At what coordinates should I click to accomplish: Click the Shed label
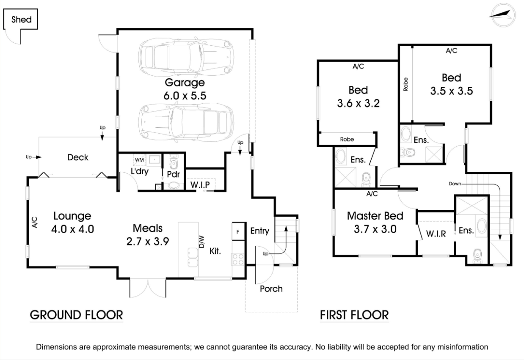(x=21, y=19)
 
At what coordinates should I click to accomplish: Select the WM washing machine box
(x=139, y=160)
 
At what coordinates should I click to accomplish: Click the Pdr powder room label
(x=174, y=174)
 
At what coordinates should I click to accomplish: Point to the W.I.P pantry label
(x=200, y=185)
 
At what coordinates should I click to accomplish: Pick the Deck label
(x=78, y=157)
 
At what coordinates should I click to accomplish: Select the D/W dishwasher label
(x=201, y=242)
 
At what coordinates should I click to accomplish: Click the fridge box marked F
(x=238, y=232)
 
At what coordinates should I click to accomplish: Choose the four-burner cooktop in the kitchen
(x=238, y=259)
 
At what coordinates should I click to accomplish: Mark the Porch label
(x=271, y=289)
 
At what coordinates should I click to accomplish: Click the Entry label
(x=259, y=231)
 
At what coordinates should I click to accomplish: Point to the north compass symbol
(x=503, y=15)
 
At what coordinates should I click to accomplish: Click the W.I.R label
(x=436, y=234)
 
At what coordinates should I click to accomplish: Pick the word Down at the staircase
(x=455, y=184)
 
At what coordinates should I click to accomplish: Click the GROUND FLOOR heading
(x=76, y=315)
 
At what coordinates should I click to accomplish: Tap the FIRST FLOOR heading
(x=354, y=315)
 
